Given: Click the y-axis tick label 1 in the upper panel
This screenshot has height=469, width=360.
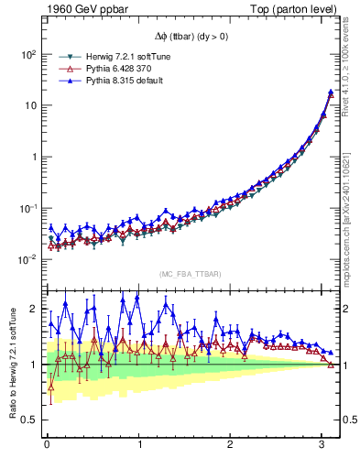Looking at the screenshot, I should point(32,157).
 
